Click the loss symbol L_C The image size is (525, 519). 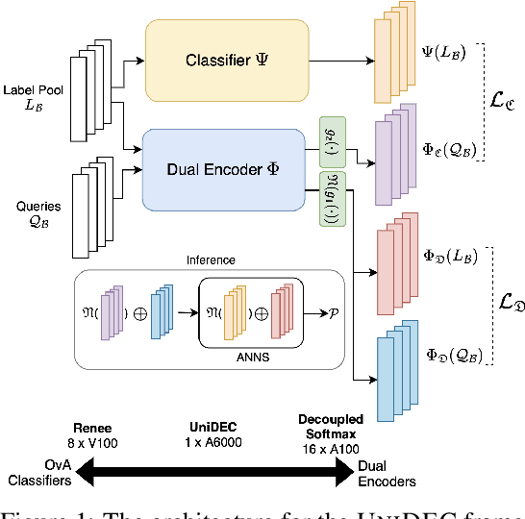tap(502, 100)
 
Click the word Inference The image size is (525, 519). tap(210, 259)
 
